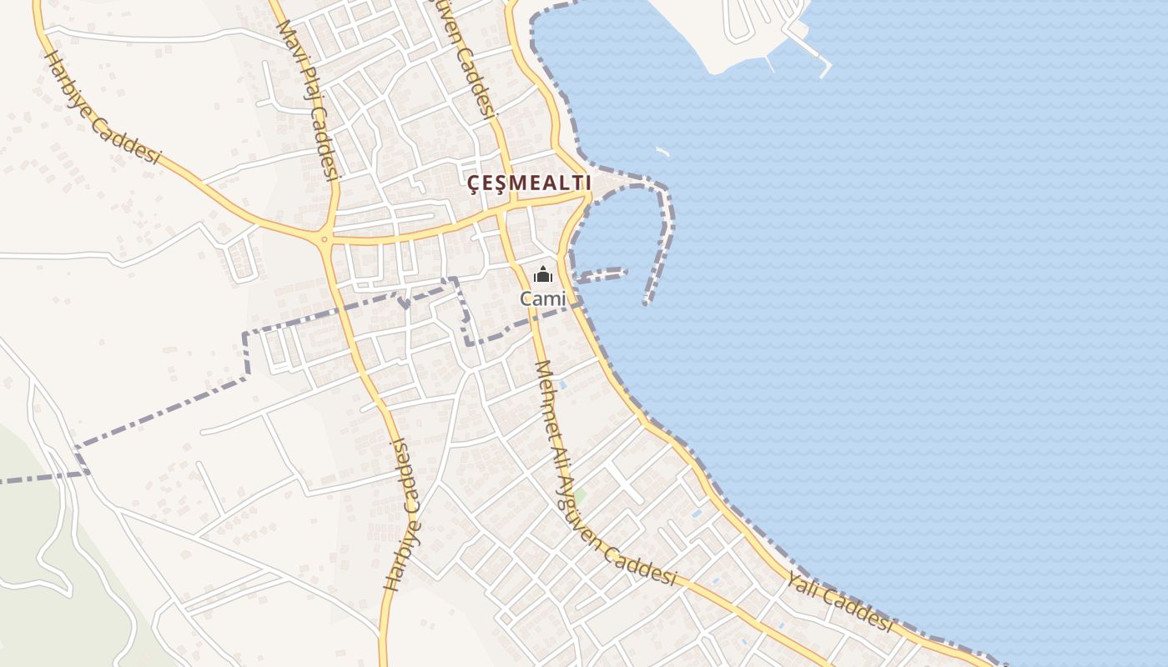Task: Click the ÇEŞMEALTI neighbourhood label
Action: (x=529, y=183)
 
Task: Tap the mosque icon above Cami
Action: (x=543, y=273)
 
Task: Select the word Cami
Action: (x=543, y=298)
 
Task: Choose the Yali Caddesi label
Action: (x=839, y=604)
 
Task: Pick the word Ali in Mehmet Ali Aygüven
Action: (x=558, y=455)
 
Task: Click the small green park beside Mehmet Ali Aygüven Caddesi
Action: (x=579, y=497)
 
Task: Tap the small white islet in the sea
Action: (x=662, y=152)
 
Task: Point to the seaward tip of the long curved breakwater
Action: (x=646, y=302)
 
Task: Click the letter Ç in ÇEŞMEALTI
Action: (x=473, y=183)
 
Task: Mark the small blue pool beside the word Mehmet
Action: (x=563, y=384)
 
